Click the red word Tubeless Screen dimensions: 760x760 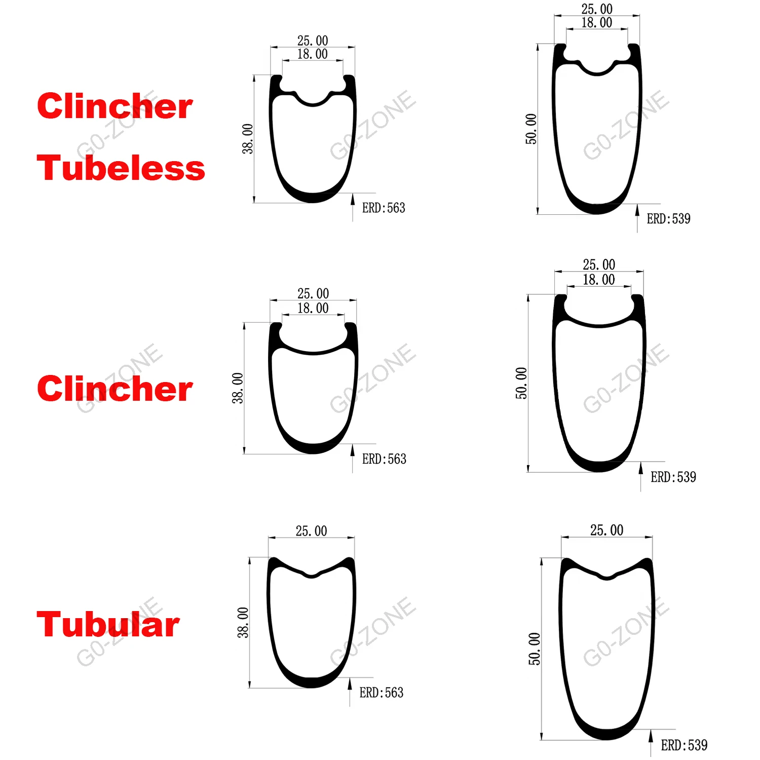pyautogui.click(x=121, y=168)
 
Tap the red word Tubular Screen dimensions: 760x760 pyautogui.click(x=108, y=624)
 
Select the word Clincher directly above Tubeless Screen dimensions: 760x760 pyautogui.click(x=115, y=106)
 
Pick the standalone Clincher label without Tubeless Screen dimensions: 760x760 pyautogui.click(x=115, y=389)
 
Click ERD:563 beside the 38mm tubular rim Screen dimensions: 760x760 pyautogui.click(x=381, y=693)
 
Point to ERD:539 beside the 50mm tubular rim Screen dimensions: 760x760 pyautogui.click(x=684, y=745)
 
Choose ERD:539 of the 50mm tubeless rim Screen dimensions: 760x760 pyautogui.click(x=668, y=219)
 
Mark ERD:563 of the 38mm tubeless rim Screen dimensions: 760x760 pyautogui.click(x=384, y=208)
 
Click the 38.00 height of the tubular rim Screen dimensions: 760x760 pyautogui.click(x=243, y=622)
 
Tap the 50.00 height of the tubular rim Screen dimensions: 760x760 pyautogui.click(x=535, y=649)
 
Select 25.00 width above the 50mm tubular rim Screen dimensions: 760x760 pyautogui.click(x=606, y=530)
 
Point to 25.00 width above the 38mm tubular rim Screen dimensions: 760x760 pyautogui.click(x=311, y=531)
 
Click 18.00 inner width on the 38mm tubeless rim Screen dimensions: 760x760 pyautogui.click(x=312, y=54)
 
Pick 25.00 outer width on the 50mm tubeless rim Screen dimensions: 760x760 pyautogui.click(x=597, y=9)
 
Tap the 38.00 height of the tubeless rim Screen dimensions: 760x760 pyautogui.click(x=247, y=138)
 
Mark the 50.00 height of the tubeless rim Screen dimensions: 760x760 pyautogui.click(x=530, y=129)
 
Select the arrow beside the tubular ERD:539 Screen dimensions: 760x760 pyautogui.click(x=651, y=742)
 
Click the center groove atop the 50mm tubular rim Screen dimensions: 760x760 pyautogui.click(x=606, y=577)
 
